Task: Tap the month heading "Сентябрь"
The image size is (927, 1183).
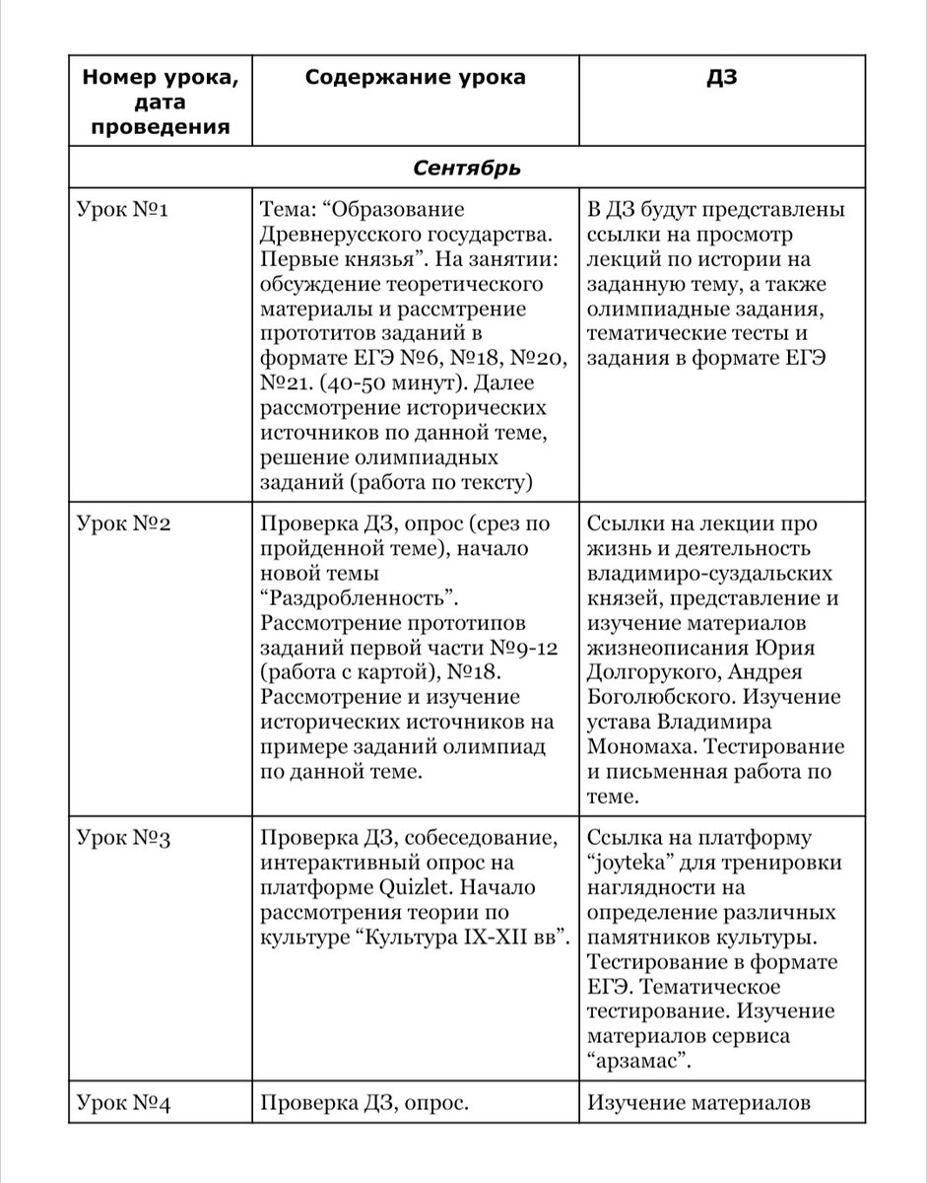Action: pos(467,169)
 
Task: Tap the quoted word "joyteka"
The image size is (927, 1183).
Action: pos(630,863)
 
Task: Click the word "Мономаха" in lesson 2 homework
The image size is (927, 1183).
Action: pos(639,745)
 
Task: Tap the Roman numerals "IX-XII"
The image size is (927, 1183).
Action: pos(477,936)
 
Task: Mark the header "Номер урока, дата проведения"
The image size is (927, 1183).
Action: pos(158,102)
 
